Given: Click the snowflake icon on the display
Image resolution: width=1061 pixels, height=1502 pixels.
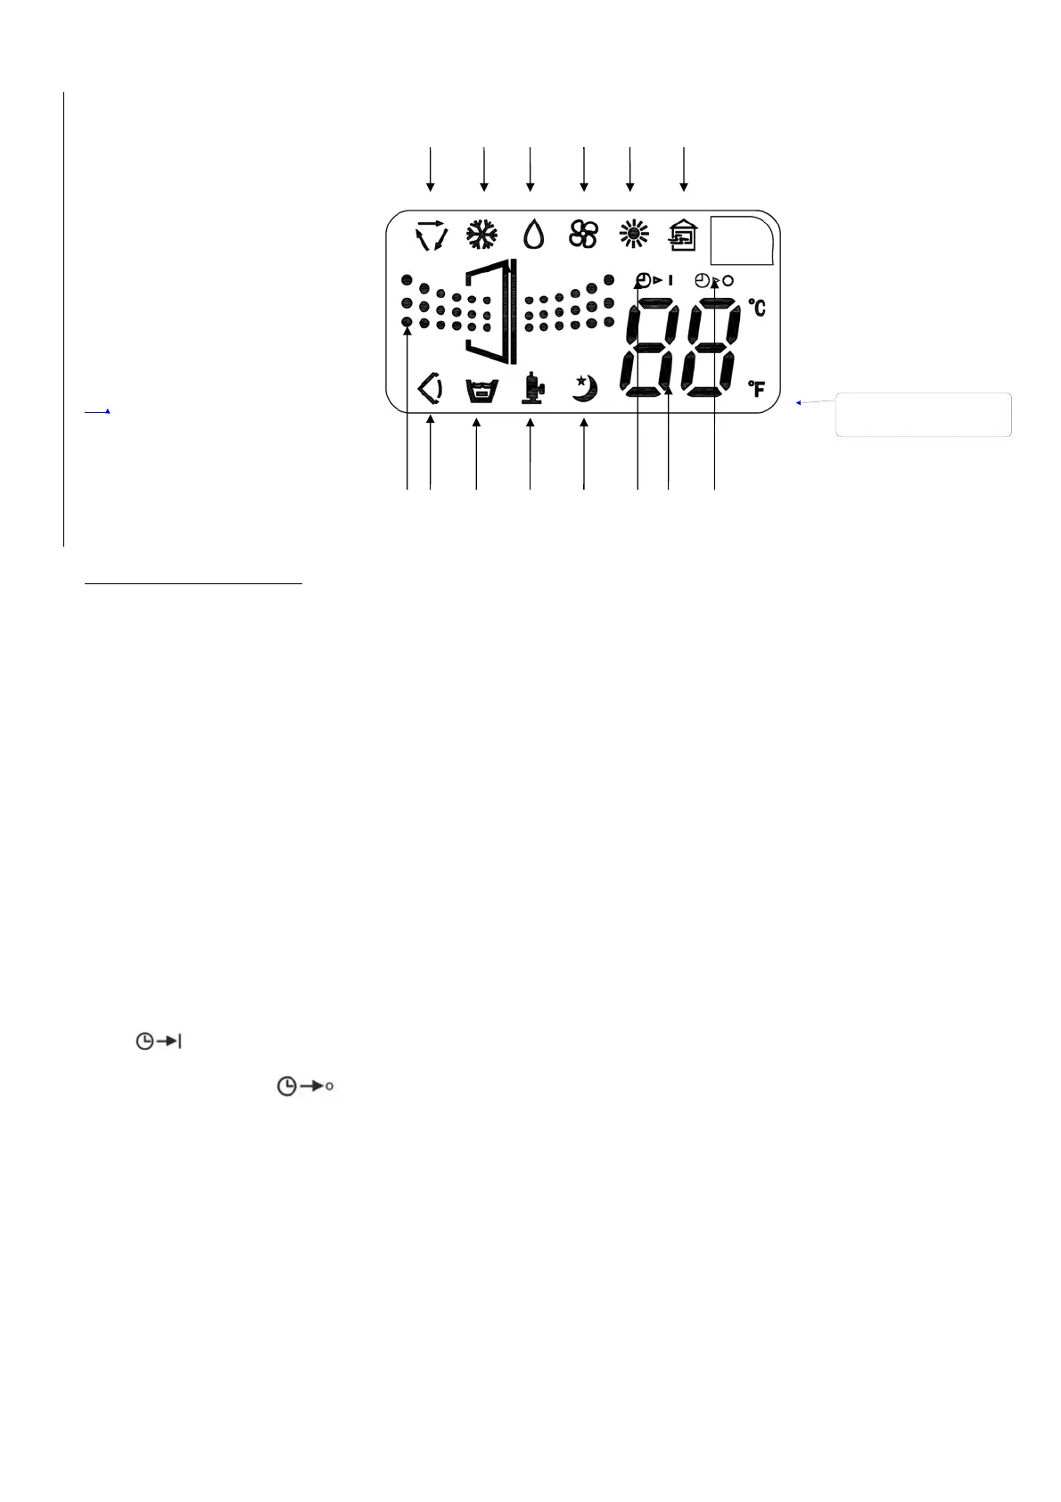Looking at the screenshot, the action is pyautogui.click(x=482, y=236).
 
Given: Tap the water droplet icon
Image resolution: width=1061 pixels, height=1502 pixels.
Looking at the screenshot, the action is pyautogui.click(x=533, y=235).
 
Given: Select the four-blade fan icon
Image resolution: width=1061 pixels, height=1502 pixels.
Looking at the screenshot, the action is pyautogui.click(x=583, y=235).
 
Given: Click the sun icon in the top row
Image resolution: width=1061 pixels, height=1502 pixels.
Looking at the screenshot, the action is pyautogui.click(x=634, y=235).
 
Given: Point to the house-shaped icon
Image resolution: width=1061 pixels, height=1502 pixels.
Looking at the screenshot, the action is pyautogui.click(x=684, y=236).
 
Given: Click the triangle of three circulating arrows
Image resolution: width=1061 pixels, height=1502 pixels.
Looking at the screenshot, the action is pyautogui.click(x=431, y=235).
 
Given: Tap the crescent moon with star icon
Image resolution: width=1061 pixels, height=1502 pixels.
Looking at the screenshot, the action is pyautogui.click(x=584, y=389).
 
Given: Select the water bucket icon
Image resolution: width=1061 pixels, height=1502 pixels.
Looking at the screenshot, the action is pyautogui.click(x=481, y=391).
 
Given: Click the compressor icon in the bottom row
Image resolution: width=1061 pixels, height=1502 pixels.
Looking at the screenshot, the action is pyautogui.click(x=532, y=390).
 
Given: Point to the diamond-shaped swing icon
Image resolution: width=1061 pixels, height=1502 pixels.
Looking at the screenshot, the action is pyautogui.click(x=431, y=390).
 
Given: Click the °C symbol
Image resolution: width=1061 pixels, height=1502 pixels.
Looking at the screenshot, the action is pyautogui.click(x=757, y=308).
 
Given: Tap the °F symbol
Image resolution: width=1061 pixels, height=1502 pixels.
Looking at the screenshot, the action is pyautogui.click(x=757, y=389).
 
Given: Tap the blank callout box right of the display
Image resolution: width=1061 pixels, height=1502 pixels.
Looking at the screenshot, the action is pyautogui.click(x=923, y=415).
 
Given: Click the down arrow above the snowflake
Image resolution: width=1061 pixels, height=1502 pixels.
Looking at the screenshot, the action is pyautogui.click(x=484, y=169).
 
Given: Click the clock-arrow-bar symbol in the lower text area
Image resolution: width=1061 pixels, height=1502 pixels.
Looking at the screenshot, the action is pyautogui.click(x=159, y=1041).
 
